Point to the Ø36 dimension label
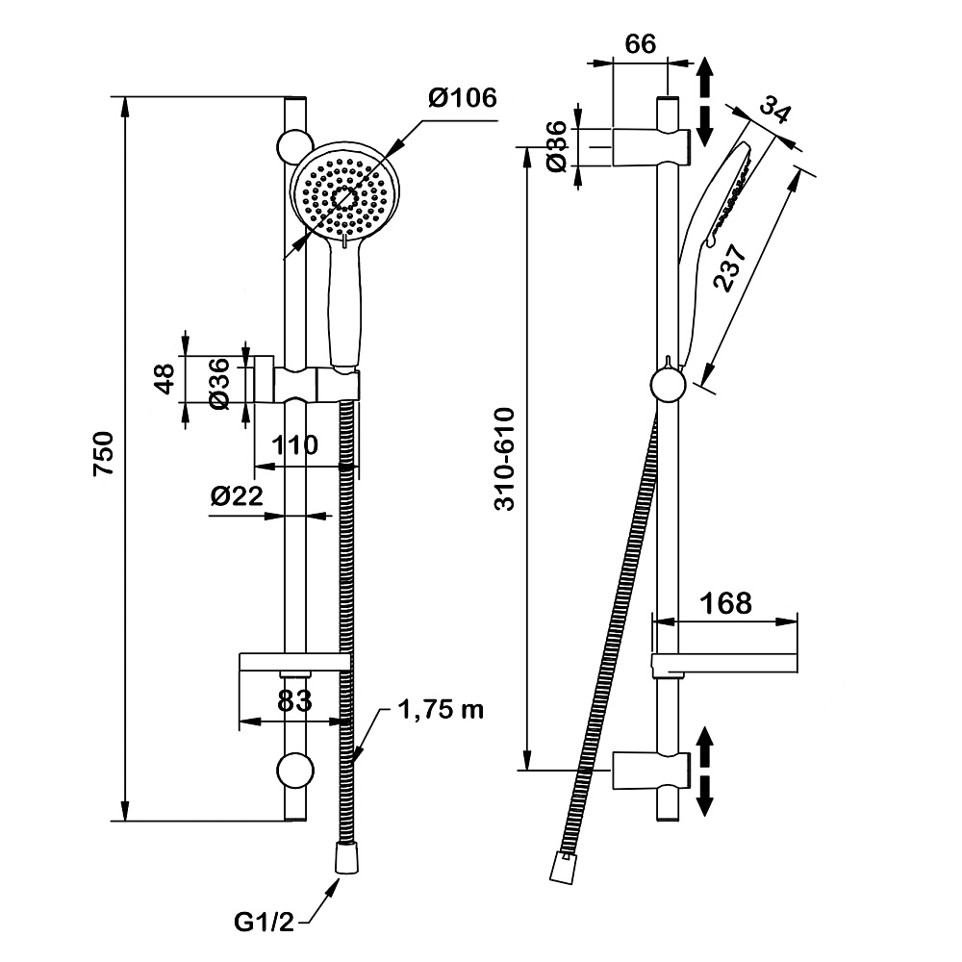(x=220, y=384)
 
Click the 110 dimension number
(x=294, y=446)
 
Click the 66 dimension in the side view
(x=640, y=45)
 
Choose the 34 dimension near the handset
(x=774, y=109)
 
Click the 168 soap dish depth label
(x=726, y=603)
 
